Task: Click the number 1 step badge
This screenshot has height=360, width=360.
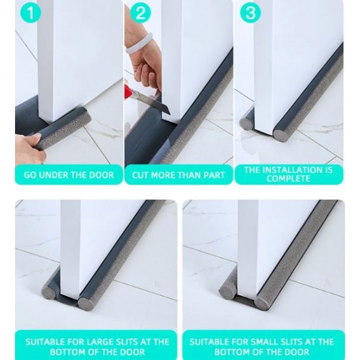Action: (31, 12)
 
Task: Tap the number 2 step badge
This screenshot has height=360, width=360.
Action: (141, 12)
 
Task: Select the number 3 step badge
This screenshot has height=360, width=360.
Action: (250, 12)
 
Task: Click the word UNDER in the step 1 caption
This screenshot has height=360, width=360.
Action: (53, 175)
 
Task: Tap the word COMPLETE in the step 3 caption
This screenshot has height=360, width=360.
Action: (288, 179)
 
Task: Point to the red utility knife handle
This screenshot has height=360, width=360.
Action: (129, 92)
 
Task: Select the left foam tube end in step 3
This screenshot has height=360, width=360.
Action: (247, 121)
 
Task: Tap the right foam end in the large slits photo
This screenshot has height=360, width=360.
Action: (86, 303)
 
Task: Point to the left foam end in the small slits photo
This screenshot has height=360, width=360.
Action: (226, 291)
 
